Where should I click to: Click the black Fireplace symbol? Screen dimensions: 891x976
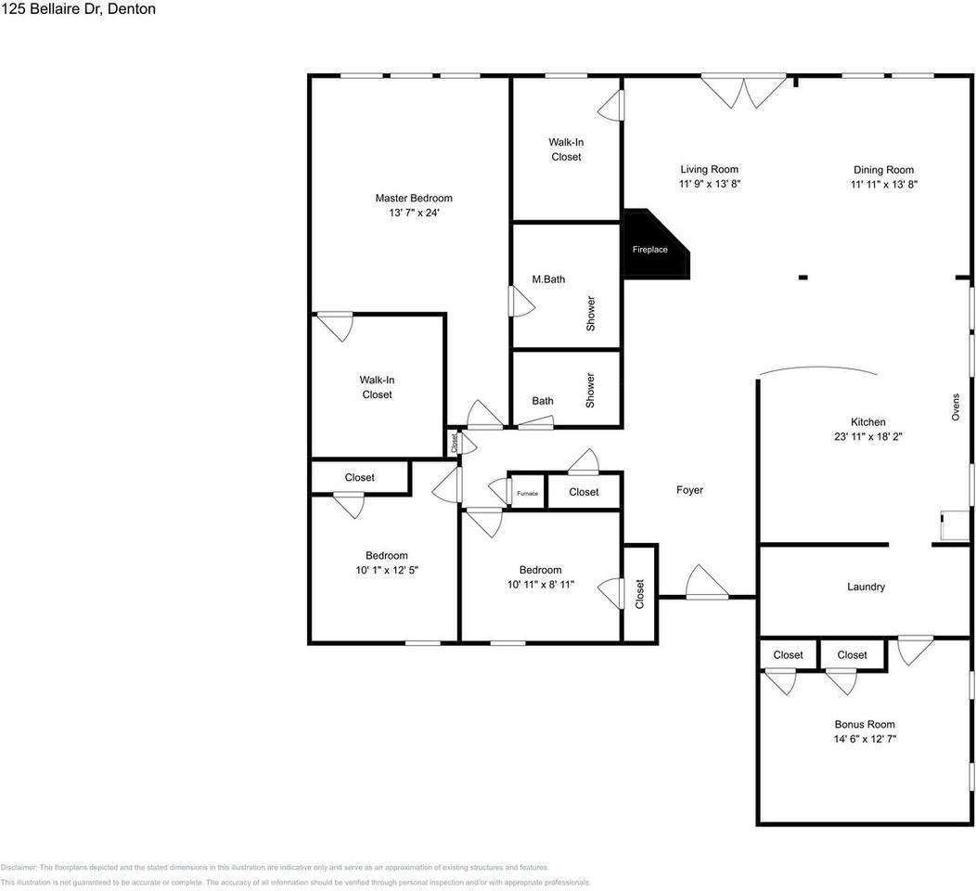[x=652, y=248]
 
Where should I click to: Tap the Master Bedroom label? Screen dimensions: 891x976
[x=414, y=198]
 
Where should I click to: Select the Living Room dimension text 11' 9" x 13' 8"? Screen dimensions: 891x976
[x=709, y=185]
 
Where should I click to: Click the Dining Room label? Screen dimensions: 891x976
[x=883, y=170]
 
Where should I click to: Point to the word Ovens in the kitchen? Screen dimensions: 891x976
[x=956, y=407]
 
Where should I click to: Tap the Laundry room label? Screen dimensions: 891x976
[x=866, y=587]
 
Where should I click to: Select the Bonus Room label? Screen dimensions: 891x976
[x=865, y=724]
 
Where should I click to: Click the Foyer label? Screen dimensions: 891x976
[x=689, y=490]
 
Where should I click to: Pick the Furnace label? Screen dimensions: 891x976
[x=527, y=493]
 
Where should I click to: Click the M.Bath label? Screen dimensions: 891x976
[x=548, y=279]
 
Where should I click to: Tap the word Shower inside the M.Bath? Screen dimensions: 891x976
[x=590, y=314]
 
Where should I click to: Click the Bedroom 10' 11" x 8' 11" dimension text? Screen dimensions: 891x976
[x=540, y=585]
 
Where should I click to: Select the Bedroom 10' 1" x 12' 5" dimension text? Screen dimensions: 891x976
[x=386, y=571]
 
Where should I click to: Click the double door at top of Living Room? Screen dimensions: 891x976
[x=744, y=92]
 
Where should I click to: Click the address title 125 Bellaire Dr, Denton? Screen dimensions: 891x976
[x=78, y=9]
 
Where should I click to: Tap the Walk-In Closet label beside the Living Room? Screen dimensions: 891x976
[x=566, y=149]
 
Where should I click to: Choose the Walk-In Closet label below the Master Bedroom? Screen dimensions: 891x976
[x=377, y=387]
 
